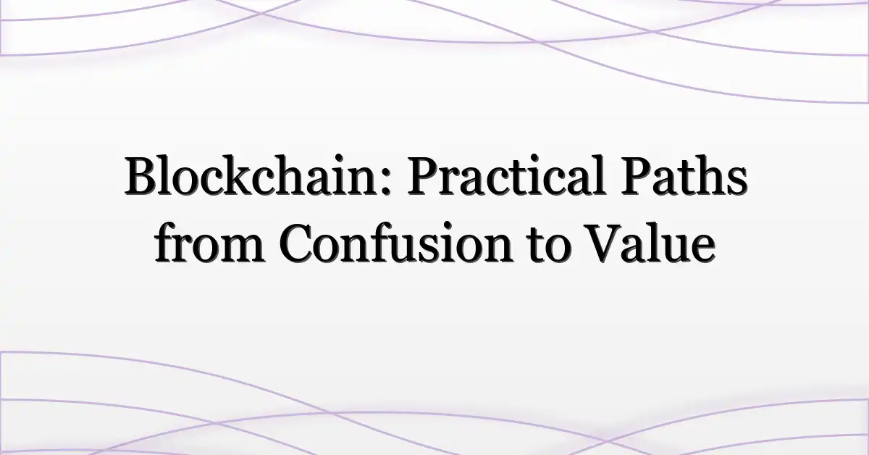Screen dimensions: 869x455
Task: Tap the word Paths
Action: pyautogui.click(x=684, y=175)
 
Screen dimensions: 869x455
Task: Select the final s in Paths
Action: pyautogui.click(x=736, y=182)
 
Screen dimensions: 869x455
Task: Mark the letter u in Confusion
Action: pyautogui.click(x=409, y=250)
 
